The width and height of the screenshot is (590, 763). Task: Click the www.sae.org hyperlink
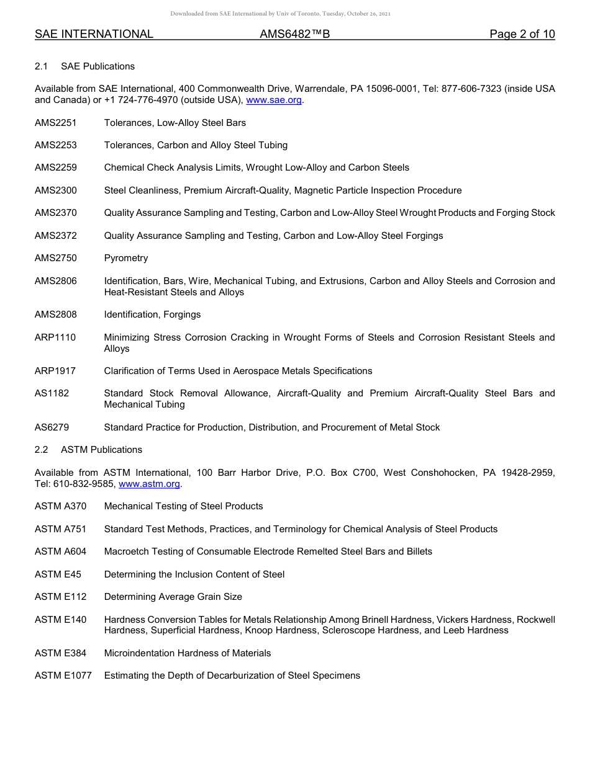point(274,100)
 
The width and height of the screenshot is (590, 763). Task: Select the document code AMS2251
point(56,123)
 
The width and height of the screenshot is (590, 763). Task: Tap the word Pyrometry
point(126,258)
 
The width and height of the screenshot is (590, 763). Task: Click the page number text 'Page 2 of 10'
point(522,34)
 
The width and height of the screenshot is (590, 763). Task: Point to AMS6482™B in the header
point(295,34)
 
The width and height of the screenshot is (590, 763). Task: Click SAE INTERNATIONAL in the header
point(94,34)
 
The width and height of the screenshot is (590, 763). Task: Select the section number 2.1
point(42,66)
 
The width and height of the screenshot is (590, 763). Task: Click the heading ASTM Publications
point(101,450)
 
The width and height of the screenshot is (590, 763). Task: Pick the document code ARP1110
point(55,337)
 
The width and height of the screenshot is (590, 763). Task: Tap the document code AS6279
point(52,427)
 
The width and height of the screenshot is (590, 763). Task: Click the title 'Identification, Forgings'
point(152,315)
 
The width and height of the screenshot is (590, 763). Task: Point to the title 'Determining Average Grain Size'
point(173,597)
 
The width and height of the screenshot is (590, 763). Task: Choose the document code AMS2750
point(56,258)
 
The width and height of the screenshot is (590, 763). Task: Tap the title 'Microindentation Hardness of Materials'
point(188,653)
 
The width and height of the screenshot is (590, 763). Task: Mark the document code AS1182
point(52,393)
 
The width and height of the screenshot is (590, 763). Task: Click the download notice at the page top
point(280,14)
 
